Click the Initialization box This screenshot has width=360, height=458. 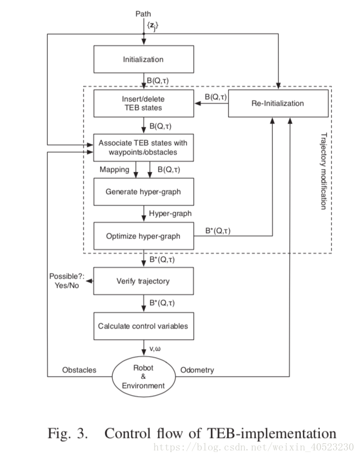pos(143,59)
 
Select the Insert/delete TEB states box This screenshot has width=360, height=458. pos(143,103)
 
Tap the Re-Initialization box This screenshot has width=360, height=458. pos(278,103)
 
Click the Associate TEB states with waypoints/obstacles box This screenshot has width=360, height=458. pos(143,147)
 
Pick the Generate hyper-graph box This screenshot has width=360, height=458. pos(143,191)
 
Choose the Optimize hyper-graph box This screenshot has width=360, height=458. pos(143,236)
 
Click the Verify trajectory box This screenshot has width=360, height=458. pos(143,281)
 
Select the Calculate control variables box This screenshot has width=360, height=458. pos(143,326)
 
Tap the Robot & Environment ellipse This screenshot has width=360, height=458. pos(143,376)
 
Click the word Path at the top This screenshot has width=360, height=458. pos(144,13)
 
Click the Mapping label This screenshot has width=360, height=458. pos(114,170)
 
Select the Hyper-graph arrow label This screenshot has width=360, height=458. pos(170,214)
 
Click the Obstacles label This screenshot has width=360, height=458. pos(79,370)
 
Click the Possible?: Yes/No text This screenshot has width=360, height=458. pos(67,281)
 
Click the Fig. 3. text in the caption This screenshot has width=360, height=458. pos(68,434)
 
